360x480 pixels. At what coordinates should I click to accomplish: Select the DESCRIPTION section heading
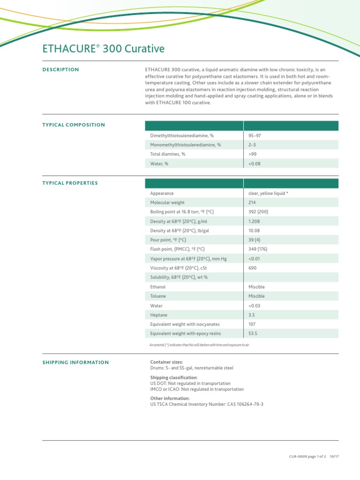pyautogui.click(x=60, y=69)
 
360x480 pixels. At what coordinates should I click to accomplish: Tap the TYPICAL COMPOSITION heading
pyautogui.click(x=74, y=125)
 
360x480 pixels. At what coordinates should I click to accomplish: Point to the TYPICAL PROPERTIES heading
pyautogui.click(x=70, y=183)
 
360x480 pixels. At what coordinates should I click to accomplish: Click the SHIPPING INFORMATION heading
pyautogui.click(x=75, y=362)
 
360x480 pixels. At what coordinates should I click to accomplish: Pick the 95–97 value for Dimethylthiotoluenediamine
pyautogui.click(x=255, y=135)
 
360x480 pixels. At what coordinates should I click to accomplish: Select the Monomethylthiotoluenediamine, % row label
pyautogui.click(x=185, y=145)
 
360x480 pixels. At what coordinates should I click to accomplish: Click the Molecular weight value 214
pyautogui.click(x=252, y=202)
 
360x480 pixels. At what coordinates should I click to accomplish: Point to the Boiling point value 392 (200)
pyautogui.click(x=258, y=212)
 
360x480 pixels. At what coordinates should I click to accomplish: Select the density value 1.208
pyautogui.click(x=254, y=221)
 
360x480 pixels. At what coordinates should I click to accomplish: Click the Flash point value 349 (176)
pyautogui.click(x=258, y=249)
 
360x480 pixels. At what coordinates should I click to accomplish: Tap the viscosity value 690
pyautogui.click(x=252, y=268)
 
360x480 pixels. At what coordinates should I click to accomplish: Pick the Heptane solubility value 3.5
pyautogui.click(x=252, y=315)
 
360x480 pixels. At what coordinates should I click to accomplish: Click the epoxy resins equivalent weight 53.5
pyautogui.click(x=253, y=334)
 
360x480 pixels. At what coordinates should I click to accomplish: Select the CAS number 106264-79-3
pyautogui.click(x=247, y=404)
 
